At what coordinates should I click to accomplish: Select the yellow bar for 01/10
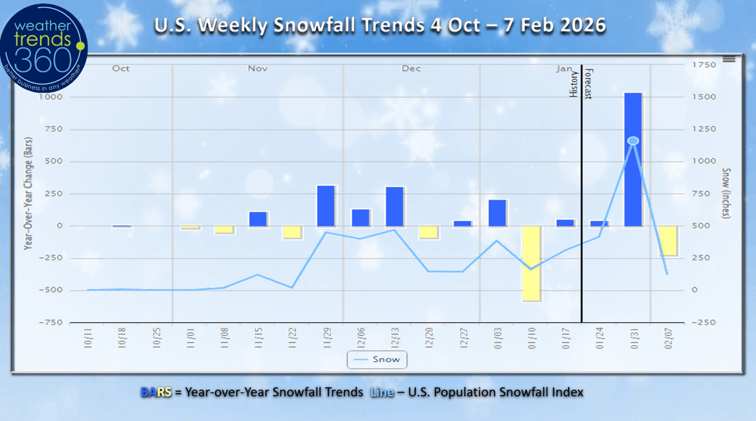531,264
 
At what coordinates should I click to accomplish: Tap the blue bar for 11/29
326,206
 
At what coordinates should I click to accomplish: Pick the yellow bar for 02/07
667,241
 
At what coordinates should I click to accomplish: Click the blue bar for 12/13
394,207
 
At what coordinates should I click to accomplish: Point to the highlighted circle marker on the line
633,141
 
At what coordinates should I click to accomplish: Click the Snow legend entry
377,359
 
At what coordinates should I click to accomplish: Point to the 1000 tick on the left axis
51,97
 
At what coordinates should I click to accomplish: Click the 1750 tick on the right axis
705,65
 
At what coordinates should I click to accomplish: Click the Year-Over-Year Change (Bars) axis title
28,194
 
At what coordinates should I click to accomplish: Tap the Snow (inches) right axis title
726,194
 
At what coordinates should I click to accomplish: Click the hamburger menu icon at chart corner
729,59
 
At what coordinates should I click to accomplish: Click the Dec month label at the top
411,69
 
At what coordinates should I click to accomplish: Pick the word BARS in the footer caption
156,392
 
